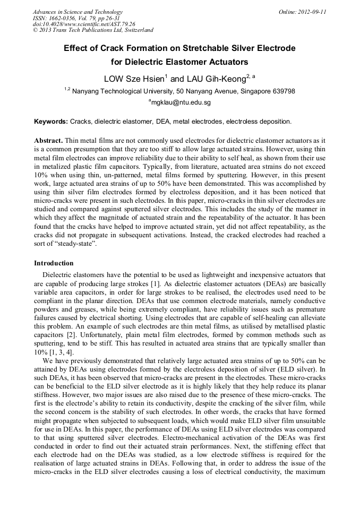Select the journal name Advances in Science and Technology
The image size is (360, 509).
(78, 12)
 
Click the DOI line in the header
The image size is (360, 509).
(84, 24)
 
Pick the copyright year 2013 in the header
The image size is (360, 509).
(48, 30)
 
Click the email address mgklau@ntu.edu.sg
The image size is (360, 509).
(181, 102)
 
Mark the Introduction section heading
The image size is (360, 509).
(54, 263)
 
